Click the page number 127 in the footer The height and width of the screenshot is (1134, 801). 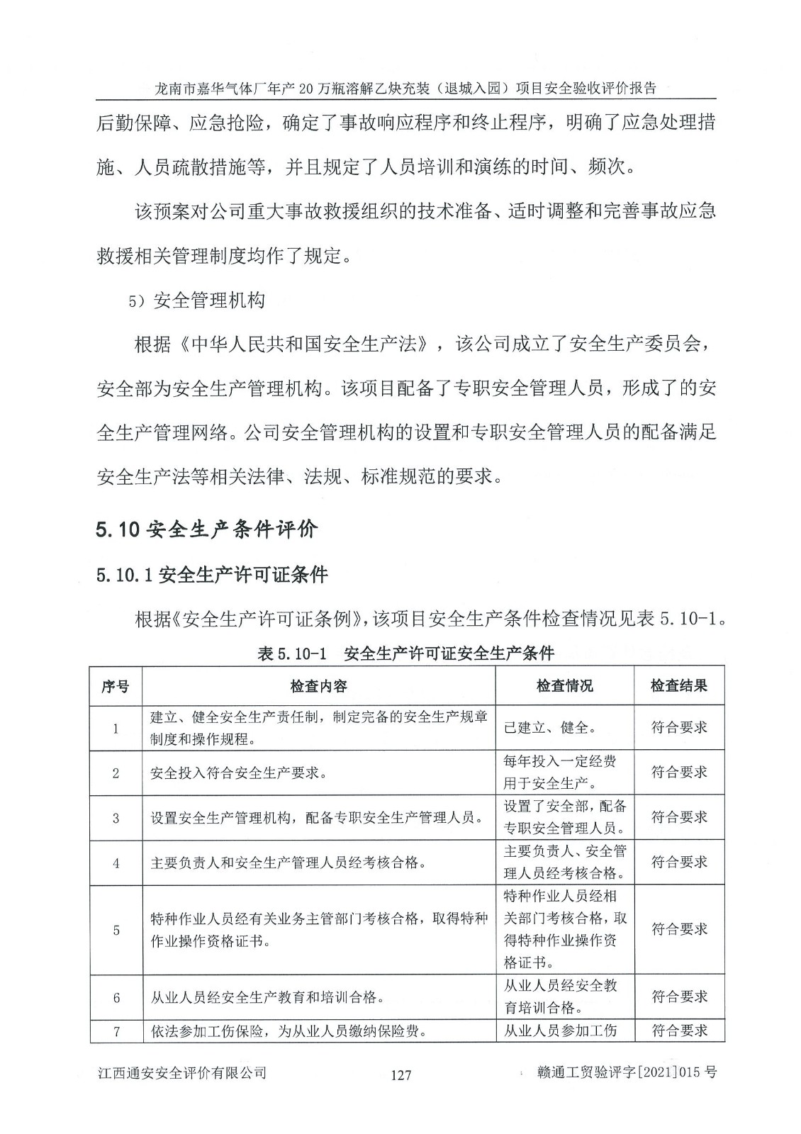point(400,1075)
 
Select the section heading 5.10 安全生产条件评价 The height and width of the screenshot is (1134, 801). point(207,529)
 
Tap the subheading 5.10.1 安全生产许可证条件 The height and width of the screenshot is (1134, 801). point(212,575)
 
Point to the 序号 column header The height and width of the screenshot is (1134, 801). point(116,686)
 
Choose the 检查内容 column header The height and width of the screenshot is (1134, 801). point(318,686)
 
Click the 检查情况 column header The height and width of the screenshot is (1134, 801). point(564,686)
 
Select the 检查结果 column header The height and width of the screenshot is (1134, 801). point(679,686)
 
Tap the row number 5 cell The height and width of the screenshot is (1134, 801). point(116,930)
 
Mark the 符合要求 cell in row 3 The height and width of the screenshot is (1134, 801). point(679,817)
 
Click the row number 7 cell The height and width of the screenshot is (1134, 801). point(116,1031)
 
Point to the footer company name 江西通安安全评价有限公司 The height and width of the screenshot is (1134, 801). point(181,1073)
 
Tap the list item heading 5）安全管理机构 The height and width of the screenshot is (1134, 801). point(196,301)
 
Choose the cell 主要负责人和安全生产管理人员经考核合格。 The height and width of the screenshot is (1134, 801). point(289,863)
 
